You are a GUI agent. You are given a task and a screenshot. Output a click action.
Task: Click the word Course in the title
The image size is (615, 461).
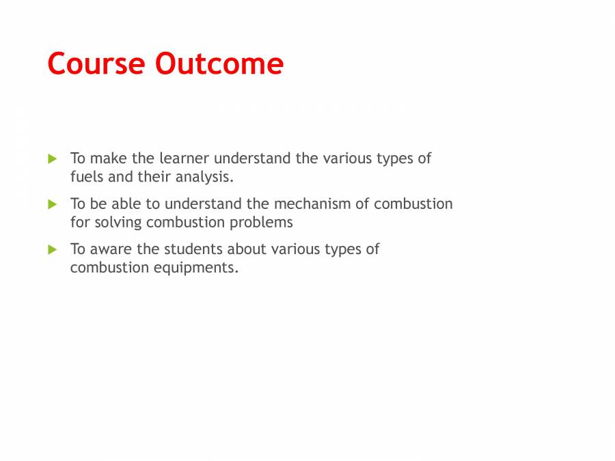96,64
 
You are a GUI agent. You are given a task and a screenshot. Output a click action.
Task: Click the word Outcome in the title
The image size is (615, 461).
219,64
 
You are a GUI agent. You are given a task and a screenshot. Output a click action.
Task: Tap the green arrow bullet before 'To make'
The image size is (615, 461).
53,159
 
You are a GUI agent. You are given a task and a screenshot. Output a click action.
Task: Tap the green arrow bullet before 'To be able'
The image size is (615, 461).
53,204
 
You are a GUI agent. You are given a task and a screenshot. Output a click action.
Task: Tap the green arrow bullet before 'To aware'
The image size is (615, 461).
53,250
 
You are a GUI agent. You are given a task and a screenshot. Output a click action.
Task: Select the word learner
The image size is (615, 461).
184,158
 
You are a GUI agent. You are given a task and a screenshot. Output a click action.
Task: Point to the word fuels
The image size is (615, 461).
85,177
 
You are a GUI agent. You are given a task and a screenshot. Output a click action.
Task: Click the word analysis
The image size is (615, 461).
204,178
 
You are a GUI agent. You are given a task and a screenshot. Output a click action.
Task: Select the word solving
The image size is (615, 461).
118,223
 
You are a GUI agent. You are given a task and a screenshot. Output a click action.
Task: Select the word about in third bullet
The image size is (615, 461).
247,249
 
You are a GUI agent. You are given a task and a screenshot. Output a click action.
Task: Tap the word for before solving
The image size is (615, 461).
80,223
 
